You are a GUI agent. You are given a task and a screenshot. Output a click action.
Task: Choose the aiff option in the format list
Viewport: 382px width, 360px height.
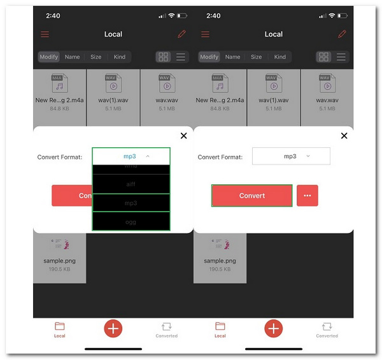(x=131, y=184)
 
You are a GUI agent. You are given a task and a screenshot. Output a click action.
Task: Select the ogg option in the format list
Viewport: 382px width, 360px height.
(x=131, y=222)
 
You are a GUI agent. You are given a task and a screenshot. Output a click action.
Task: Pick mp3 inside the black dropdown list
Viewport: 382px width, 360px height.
(x=131, y=203)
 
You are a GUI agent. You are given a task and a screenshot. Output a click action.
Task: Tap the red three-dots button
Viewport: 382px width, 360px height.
(x=307, y=196)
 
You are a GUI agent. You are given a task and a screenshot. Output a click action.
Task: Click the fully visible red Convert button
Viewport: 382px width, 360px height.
(x=252, y=196)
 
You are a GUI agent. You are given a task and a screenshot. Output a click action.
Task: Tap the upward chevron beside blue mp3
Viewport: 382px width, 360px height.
(x=148, y=156)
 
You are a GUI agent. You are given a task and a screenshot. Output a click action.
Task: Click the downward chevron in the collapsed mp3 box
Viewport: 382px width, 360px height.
(x=308, y=156)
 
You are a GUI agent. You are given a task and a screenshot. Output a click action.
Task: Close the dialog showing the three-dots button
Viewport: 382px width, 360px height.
(x=344, y=136)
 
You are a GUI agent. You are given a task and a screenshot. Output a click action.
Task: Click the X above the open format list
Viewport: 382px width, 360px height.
(x=184, y=136)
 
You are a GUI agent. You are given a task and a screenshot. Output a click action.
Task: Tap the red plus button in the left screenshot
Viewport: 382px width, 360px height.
(x=113, y=328)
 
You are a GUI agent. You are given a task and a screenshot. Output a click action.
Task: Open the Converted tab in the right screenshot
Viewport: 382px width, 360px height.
(x=327, y=329)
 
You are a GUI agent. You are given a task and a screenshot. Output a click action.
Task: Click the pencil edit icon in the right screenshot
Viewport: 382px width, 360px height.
(x=343, y=34)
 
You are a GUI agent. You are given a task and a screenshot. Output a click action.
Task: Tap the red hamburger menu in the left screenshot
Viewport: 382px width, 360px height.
(x=45, y=34)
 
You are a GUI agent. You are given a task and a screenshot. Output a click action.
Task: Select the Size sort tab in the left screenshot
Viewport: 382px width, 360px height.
(x=95, y=57)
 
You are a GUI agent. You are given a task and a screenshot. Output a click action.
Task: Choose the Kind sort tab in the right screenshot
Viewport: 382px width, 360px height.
(x=279, y=57)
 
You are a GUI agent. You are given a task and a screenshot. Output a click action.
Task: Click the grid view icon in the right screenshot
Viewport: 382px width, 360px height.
(x=324, y=57)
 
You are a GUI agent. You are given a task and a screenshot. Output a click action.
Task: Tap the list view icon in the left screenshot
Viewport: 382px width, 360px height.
(x=181, y=57)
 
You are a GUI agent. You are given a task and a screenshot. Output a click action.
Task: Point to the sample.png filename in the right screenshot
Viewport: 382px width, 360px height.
(x=220, y=261)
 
